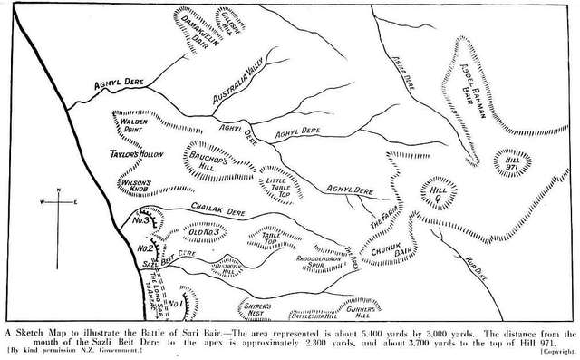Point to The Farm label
coord(382,216)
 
